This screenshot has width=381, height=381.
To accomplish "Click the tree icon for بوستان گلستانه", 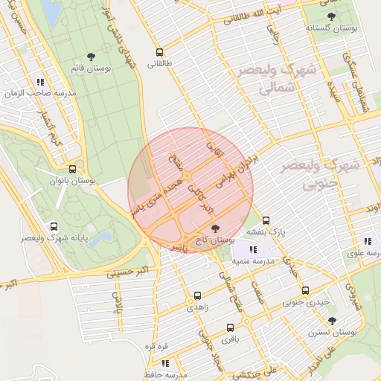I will pos(331,16).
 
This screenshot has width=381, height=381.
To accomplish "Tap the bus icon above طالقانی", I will pos(159,53).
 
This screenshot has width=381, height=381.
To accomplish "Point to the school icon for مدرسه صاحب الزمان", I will pos(39,83).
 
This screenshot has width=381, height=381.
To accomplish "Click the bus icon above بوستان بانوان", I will pos(72,169).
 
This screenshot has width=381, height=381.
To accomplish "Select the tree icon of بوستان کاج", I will pos(216,228).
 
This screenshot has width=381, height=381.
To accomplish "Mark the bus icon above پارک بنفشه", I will pos(266,220).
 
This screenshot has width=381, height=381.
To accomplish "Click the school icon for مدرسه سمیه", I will pos(253,250).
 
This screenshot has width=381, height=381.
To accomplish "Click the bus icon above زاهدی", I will pos(197,295).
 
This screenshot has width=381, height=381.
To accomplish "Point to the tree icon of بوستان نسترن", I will pos(332,321).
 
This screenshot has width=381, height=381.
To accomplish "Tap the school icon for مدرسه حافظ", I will pos(164,363).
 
